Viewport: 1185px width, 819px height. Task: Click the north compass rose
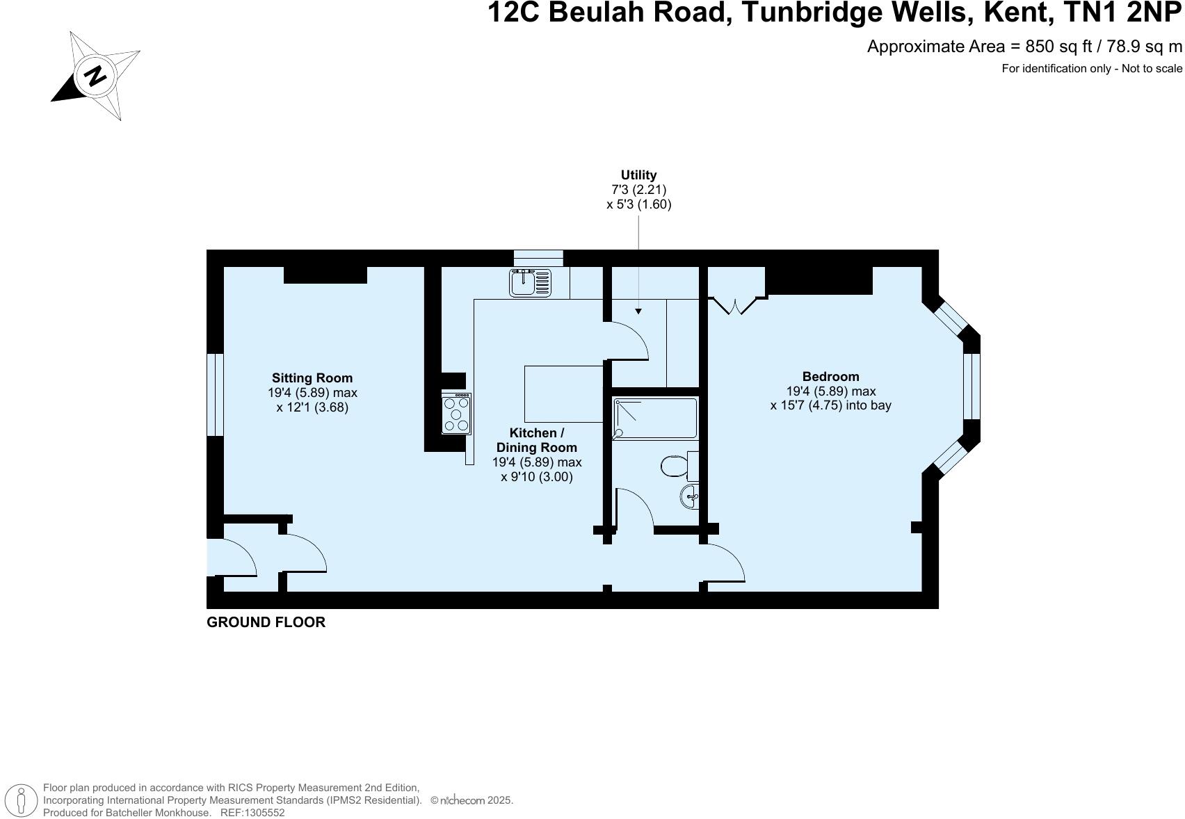click(96, 75)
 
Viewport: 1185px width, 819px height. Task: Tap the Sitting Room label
click(312, 378)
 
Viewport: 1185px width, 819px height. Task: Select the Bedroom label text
click(830, 377)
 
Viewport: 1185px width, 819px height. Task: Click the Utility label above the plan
click(638, 175)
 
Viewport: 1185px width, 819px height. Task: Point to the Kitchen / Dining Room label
click(536, 440)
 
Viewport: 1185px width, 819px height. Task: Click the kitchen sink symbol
click(530, 283)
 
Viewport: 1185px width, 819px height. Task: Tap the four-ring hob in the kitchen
click(456, 414)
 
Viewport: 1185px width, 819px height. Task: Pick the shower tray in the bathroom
click(654, 418)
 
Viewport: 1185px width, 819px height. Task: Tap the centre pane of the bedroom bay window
click(972, 387)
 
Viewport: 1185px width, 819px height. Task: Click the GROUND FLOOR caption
click(266, 622)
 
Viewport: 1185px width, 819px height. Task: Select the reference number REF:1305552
click(252, 812)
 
